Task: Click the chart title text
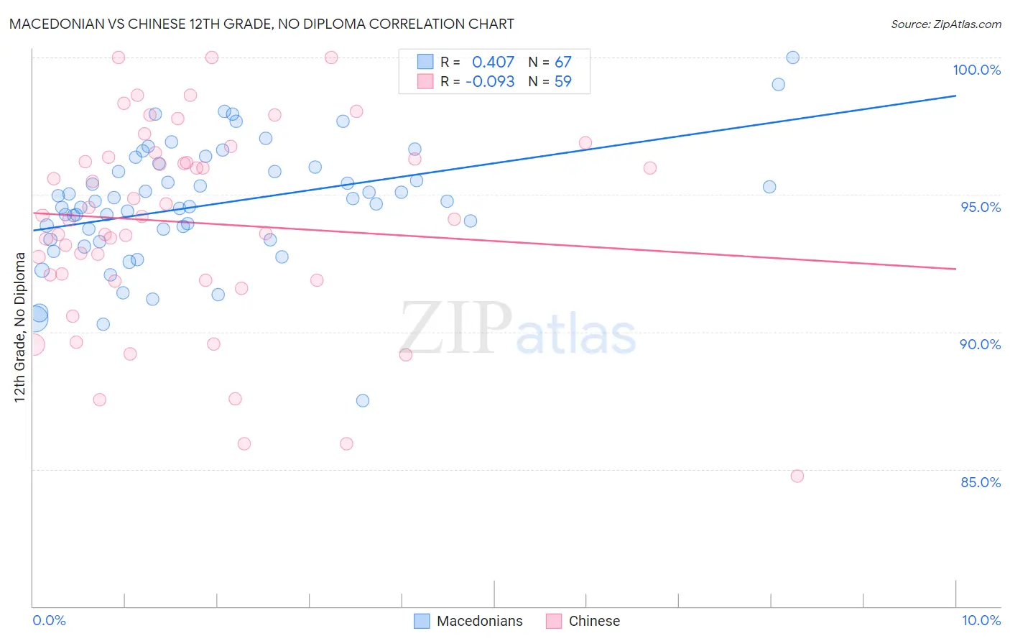(x=261, y=24)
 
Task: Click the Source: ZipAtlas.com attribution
(x=945, y=24)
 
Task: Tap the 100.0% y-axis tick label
(x=976, y=70)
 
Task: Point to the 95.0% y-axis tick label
(x=981, y=207)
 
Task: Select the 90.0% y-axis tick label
(x=980, y=344)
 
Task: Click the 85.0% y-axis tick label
(x=981, y=482)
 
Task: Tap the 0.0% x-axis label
(x=49, y=620)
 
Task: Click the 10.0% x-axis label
(x=981, y=620)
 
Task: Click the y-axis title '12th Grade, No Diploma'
(x=20, y=327)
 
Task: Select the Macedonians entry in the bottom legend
(x=479, y=621)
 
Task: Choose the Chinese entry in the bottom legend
(x=593, y=621)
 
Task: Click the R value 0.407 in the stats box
(x=493, y=63)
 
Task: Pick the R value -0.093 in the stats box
(x=490, y=82)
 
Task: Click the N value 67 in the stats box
(x=562, y=63)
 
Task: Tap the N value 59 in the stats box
(x=562, y=82)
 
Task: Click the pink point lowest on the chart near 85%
(x=797, y=476)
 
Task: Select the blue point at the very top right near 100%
(x=792, y=57)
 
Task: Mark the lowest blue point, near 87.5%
(x=363, y=400)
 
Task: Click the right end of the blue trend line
(x=955, y=96)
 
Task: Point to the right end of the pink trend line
(x=955, y=269)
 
